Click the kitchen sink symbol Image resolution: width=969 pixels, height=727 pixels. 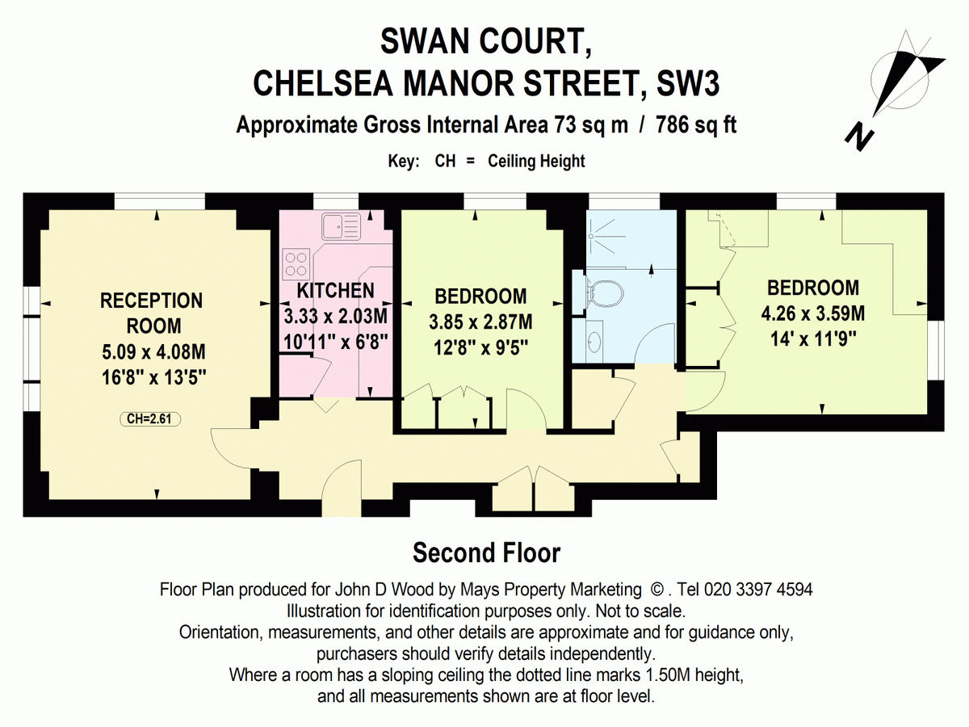click(x=341, y=225)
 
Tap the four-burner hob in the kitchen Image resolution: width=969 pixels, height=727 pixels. click(x=296, y=263)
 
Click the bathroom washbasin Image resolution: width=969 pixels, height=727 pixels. click(x=594, y=342)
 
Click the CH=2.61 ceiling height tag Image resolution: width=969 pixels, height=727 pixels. click(x=149, y=418)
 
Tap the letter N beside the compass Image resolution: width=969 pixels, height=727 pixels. click(x=858, y=139)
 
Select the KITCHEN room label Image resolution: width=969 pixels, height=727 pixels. click(x=335, y=290)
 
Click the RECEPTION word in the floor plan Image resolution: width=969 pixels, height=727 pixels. click(x=152, y=300)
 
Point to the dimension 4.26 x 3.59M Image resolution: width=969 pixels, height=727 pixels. click(x=812, y=313)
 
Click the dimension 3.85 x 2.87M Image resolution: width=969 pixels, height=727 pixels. click(x=480, y=321)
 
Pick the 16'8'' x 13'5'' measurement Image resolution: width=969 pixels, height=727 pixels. click(x=154, y=377)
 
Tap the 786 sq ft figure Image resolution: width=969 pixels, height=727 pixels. click(x=696, y=125)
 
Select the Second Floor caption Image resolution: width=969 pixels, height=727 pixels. click(x=486, y=553)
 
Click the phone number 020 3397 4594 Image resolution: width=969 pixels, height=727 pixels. click(x=758, y=590)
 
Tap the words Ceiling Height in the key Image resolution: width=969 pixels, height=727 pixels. click(x=536, y=161)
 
